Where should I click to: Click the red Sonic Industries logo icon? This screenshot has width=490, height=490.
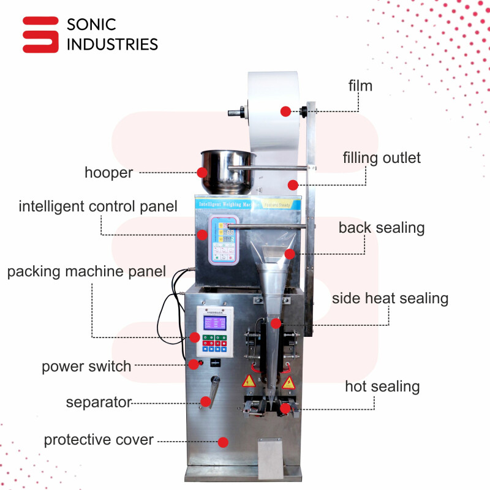click(40, 34)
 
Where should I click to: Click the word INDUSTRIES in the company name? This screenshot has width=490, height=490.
click(111, 44)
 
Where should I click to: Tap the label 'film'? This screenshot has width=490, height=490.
click(360, 85)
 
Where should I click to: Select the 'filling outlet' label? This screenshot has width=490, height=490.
click(382, 158)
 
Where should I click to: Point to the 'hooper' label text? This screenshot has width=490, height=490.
click(108, 173)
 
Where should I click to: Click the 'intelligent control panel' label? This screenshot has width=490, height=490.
click(98, 206)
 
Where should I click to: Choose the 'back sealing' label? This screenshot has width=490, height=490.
click(382, 228)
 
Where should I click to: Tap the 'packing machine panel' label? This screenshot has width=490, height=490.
click(86, 271)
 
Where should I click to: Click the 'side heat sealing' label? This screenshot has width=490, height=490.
click(390, 299)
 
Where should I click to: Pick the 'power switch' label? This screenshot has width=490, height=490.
click(86, 367)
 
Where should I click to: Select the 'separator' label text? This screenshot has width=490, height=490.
click(99, 402)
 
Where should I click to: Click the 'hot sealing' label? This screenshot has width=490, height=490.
click(382, 386)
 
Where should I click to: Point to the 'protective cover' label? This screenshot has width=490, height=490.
click(98, 440)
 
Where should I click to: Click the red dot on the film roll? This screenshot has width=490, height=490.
click(285, 111)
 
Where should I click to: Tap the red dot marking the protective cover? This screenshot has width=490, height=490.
click(223, 442)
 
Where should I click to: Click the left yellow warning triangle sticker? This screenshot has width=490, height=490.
click(249, 382)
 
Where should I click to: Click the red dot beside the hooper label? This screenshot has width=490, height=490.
click(202, 173)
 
